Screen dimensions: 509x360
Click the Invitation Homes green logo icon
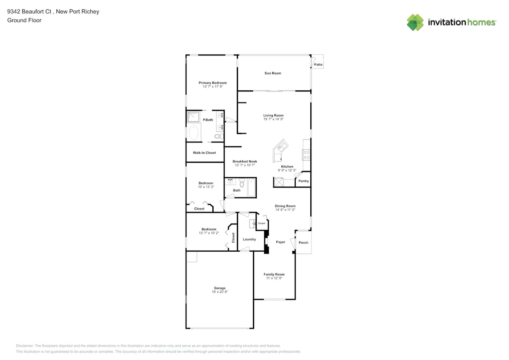(415, 22)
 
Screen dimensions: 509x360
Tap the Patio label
(318, 64)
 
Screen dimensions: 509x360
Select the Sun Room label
(273, 73)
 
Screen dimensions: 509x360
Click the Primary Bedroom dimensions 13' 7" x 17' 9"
(213, 86)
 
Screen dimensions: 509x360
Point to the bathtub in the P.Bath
(194, 132)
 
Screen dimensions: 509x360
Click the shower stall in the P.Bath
(194, 117)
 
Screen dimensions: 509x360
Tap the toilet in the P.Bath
(219, 136)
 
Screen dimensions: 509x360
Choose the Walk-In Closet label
(204, 153)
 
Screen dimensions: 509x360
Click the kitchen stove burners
(306, 154)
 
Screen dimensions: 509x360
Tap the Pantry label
(303, 181)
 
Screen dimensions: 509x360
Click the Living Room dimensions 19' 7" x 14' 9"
(273, 119)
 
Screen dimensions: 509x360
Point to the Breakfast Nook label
(245, 161)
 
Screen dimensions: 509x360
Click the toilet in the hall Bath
(242, 182)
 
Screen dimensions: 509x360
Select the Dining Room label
(285, 206)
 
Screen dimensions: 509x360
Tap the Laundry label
(249, 239)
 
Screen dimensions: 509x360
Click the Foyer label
(280, 242)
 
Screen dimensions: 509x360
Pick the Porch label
(303, 242)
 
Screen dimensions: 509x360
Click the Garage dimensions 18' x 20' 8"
(220, 292)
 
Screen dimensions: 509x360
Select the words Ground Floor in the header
(24, 20)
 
